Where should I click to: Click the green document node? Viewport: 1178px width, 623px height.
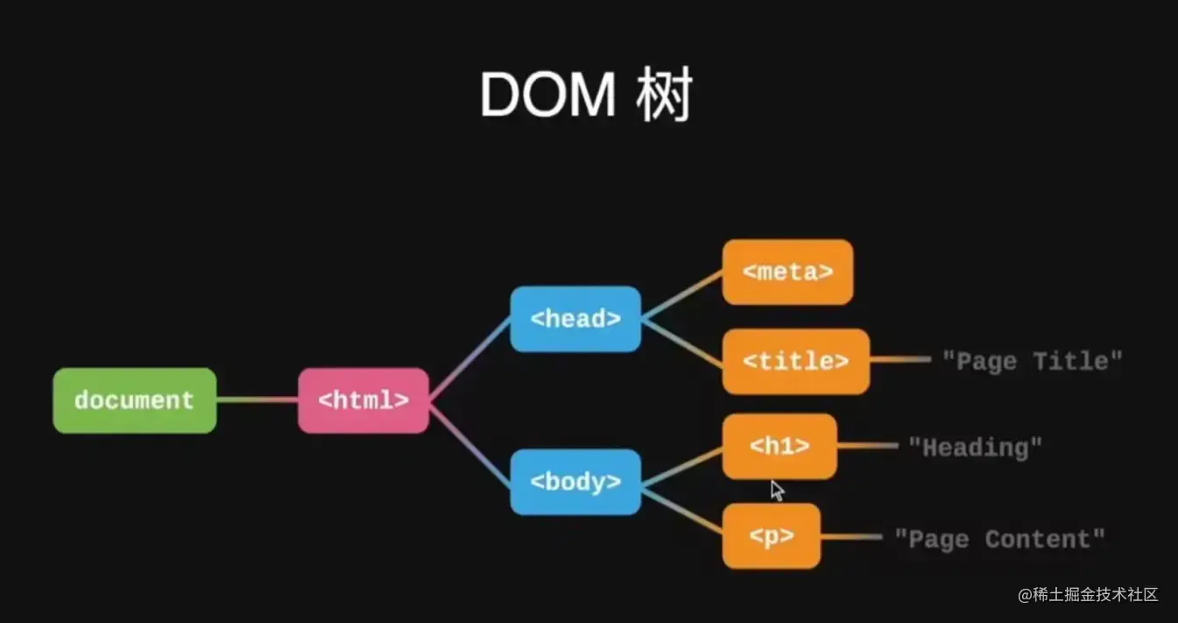tap(134, 400)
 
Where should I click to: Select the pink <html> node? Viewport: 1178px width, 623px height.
tap(363, 400)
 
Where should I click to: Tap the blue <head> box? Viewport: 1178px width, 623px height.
tap(575, 319)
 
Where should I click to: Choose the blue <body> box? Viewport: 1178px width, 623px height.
tap(575, 481)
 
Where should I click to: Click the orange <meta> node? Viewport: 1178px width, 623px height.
tap(787, 272)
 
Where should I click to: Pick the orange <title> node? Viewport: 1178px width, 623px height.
tap(795, 361)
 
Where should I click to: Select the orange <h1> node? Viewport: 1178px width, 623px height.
tap(779, 446)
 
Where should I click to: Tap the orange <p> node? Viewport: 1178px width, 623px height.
tap(771, 535)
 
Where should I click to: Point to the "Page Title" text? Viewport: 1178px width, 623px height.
tap(1032, 360)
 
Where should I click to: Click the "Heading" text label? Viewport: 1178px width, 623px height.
tap(975, 447)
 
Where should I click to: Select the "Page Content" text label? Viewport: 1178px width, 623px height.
tap(999, 539)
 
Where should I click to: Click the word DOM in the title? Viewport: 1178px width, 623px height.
tap(547, 96)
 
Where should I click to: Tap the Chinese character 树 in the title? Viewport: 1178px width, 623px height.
tap(665, 96)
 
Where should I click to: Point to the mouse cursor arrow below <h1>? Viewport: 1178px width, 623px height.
tap(777, 490)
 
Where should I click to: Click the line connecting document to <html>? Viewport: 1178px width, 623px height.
tap(257, 400)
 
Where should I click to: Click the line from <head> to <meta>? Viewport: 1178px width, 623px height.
tap(681, 295)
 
